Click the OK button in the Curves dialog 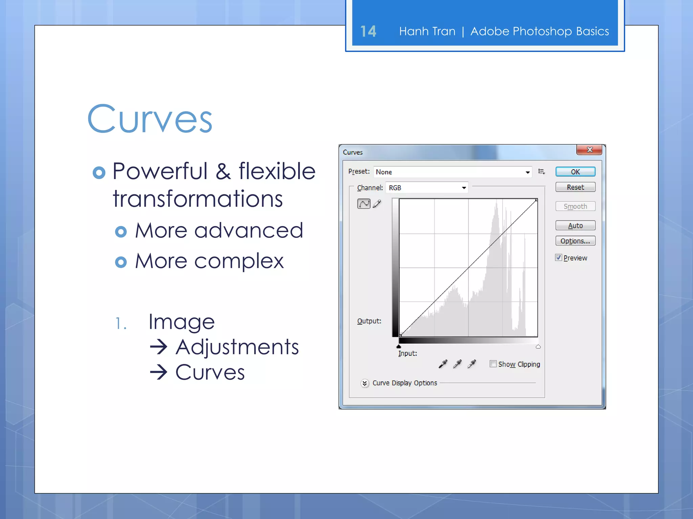pyautogui.click(x=575, y=172)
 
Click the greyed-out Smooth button pyautogui.click(x=575, y=206)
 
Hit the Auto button pyautogui.click(x=575, y=225)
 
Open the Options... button pyautogui.click(x=575, y=241)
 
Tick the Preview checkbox pyautogui.click(x=558, y=257)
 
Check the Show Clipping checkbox pyautogui.click(x=493, y=364)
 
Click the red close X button pyautogui.click(x=589, y=150)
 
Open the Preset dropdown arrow pyautogui.click(x=528, y=172)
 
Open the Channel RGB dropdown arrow pyautogui.click(x=464, y=188)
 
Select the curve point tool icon pyautogui.click(x=364, y=204)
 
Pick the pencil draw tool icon pyautogui.click(x=377, y=204)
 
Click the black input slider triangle pyautogui.click(x=399, y=346)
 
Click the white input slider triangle pyautogui.click(x=538, y=346)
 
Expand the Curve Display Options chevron pyautogui.click(x=364, y=383)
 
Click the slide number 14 pyautogui.click(x=368, y=31)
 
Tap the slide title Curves pyautogui.click(x=150, y=119)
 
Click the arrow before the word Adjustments pyautogui.click(x=159, y=347)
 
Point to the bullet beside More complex pyautogui.click(x=121, y=262)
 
